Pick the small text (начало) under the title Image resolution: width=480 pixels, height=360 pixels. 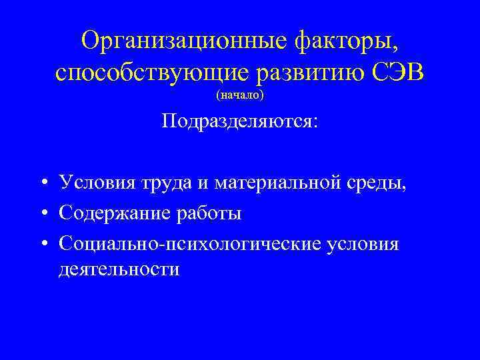[240, 96]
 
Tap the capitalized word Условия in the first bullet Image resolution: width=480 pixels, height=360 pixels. [93, 182]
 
